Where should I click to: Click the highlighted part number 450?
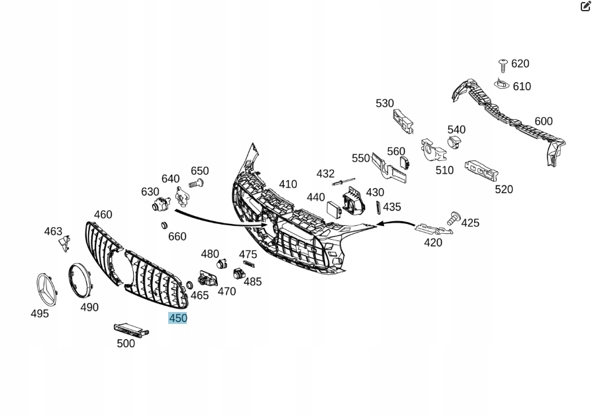(x=178, y=318)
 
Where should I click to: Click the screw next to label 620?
(x=503, y=64)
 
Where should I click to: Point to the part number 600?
(x=543, y=121)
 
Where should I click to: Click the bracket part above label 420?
(x=432, y=229)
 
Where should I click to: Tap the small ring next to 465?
(x=189, y=285)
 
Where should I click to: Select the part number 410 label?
(x=288, y=184)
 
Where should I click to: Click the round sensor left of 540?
(x=454, y=142)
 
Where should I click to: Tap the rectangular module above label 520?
(x=481, y=170)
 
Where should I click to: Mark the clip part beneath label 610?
(x=502, y=84)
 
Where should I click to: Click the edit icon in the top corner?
(x=585, y=7)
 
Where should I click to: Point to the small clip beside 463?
(x=64, y=244)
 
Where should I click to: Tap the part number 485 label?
(x=252, y=282)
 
